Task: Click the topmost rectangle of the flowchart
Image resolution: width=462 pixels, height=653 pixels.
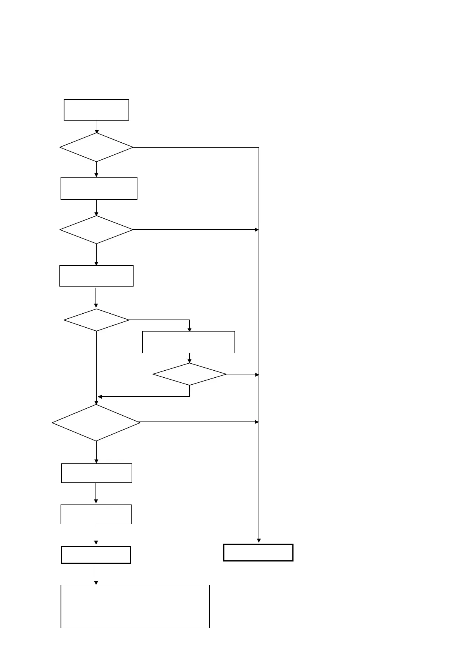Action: [96, 110]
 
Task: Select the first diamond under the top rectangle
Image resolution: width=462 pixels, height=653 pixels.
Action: [96, 147]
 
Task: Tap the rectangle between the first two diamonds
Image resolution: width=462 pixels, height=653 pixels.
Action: [99, 188]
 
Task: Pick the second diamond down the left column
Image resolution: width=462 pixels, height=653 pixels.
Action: [96, 230]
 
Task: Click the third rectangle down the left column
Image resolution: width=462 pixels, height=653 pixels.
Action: [96, 276]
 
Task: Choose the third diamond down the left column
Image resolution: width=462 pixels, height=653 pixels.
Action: [96, 320]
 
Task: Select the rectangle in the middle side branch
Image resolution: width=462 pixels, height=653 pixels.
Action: [189, 342]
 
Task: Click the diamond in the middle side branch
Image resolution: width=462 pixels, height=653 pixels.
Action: [189, 375]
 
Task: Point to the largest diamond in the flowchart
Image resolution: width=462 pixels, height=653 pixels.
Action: [96, 422]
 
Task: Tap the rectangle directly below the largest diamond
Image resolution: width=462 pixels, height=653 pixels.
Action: [96, 473]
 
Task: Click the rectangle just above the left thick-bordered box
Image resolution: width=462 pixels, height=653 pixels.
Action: [96, 514]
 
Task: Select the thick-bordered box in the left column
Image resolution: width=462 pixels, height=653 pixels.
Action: [96, 555]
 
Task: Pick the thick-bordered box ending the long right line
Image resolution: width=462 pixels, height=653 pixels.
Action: [258, 553]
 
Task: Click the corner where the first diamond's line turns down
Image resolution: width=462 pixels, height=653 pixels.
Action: [259, 148]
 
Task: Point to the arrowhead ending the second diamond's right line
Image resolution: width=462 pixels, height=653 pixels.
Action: [257, 230]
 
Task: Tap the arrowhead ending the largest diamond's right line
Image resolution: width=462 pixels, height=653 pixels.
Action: [257, 422]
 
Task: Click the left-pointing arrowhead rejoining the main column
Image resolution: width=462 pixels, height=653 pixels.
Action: [100, 397]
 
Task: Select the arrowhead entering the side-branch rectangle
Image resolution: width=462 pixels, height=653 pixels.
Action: [189, 330]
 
